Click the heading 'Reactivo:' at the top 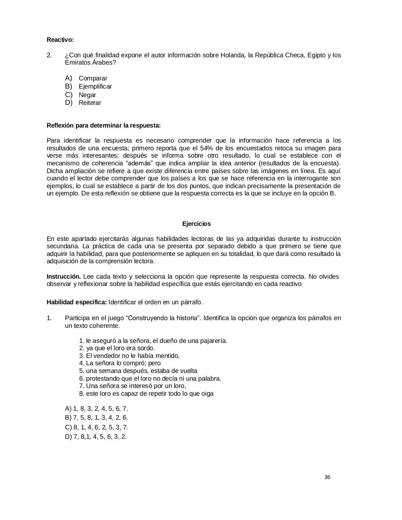(x=60, y=40)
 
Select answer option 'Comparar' (x=93, y=78)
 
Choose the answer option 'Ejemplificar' (x=95, y=87)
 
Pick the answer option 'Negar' (x=87, y=95)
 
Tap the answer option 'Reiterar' (x=90, y=103)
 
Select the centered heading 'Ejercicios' (x=197, y=224)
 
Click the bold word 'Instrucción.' (x=64, y=277)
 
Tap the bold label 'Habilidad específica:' (x=77, y=302)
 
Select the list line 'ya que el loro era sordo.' (x=117, y=348)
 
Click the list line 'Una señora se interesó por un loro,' (x=132, y=386)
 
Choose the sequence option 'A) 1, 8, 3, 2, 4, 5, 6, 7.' (x=96, y=409)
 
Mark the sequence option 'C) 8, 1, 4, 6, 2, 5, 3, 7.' (x=96, y=427)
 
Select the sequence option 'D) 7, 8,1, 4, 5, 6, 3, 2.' (x=95, y=437)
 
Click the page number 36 (x=327, y=477)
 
